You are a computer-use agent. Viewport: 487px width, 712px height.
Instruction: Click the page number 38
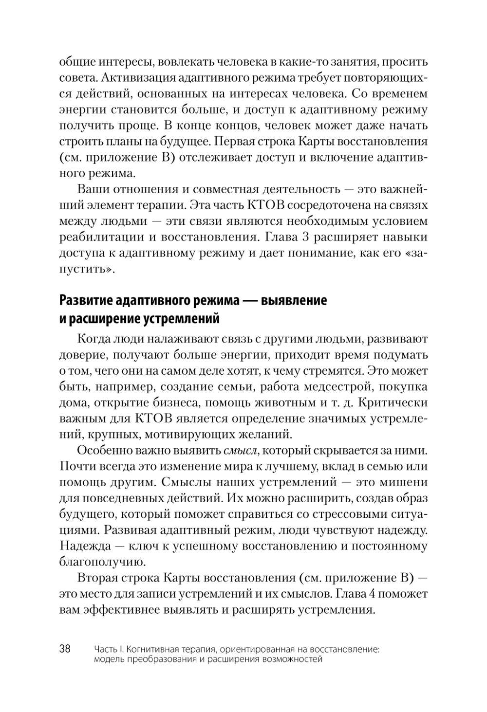(x=65, y=649)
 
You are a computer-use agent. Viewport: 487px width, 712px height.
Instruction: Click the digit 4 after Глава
(x=379, y=594)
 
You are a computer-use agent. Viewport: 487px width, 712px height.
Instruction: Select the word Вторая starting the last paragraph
(x=101, y=578)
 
